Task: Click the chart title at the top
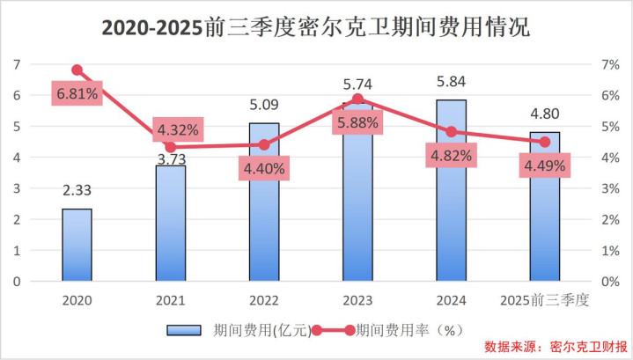click(316, 27)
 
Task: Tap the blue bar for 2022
click(263, 202)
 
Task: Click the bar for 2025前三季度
click(544, 207)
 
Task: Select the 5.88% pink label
click(357, 124)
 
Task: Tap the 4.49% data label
click(544, 166)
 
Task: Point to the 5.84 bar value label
click(451, 81)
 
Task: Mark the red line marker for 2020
click(77, 70)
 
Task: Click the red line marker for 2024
click(451, 132)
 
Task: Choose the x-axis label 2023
click(357, 299)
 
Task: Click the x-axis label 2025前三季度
click(544, 299)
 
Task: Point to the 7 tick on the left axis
click(17, 64)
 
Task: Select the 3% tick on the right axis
click(612, 188)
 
